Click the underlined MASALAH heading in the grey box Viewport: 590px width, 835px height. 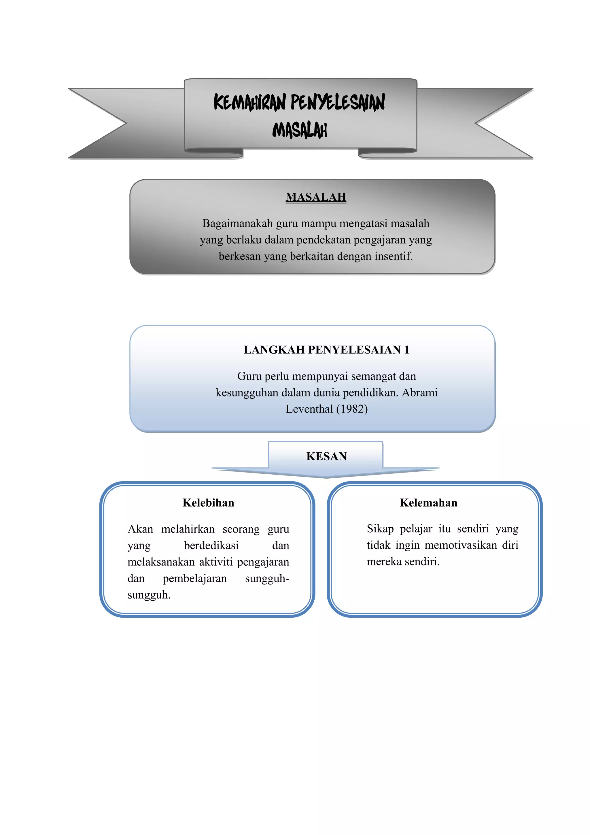[316, 197]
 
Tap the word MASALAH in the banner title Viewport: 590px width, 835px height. [300, 130]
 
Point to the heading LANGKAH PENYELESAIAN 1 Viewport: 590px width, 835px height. [326, 350]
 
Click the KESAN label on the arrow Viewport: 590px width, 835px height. [326, 456]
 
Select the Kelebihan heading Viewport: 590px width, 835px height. [208, 503]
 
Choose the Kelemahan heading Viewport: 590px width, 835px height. [428, 503]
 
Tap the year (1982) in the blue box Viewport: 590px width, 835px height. [352, 409]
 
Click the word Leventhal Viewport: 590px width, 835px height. [309, 409]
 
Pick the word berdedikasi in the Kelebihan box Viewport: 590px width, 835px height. [211, 546]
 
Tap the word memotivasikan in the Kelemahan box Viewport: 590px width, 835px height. [461, 545]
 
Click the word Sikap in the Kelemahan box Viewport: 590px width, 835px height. [380, 529]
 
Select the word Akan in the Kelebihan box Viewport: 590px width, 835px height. [140, 529]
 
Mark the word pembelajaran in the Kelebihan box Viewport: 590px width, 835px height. [195, 579]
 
